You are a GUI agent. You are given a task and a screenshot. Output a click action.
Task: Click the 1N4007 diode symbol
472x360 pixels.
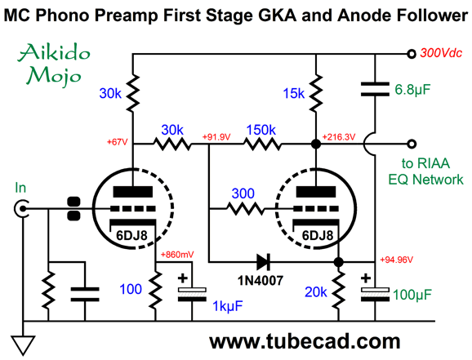point(264,261)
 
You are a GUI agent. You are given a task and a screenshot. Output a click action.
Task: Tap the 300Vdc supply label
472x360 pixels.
point(441,53)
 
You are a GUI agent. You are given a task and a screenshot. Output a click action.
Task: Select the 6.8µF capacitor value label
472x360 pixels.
point(412,90)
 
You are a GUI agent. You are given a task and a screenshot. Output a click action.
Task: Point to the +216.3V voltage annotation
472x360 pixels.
point(339,137)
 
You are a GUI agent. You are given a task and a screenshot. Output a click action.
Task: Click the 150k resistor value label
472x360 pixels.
point(260,130)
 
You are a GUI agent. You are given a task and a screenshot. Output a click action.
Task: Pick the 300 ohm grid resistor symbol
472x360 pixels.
point(245,208)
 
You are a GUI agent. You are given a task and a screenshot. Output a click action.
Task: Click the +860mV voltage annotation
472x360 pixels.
point(177,255)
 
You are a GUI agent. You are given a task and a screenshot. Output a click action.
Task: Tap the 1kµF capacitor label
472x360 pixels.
point(228,306)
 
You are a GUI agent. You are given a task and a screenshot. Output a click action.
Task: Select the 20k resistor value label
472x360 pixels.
point(315,292)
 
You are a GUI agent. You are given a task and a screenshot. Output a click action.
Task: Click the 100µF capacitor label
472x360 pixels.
point(412,295)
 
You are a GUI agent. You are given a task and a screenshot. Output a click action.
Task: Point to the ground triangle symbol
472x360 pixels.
point(23,345)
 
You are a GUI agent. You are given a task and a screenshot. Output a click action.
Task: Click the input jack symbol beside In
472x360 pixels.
point(21,208)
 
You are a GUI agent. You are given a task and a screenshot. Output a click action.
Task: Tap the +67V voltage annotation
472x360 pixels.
point(117,142)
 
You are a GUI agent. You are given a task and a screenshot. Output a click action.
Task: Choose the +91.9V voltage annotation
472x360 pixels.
point(216,137)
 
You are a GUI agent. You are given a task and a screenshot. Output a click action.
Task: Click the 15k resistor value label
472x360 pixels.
point(293,94)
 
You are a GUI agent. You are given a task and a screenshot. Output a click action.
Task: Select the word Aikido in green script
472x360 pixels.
point(54,52)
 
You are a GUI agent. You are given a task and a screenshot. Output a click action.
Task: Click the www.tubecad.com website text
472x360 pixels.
point(305,342)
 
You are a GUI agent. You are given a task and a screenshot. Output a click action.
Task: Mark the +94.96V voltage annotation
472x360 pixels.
point(396,260)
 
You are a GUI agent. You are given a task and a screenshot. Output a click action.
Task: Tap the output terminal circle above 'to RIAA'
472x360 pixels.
point(412,144)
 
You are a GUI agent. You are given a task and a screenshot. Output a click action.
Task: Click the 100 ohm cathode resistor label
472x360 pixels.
point(131,289)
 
